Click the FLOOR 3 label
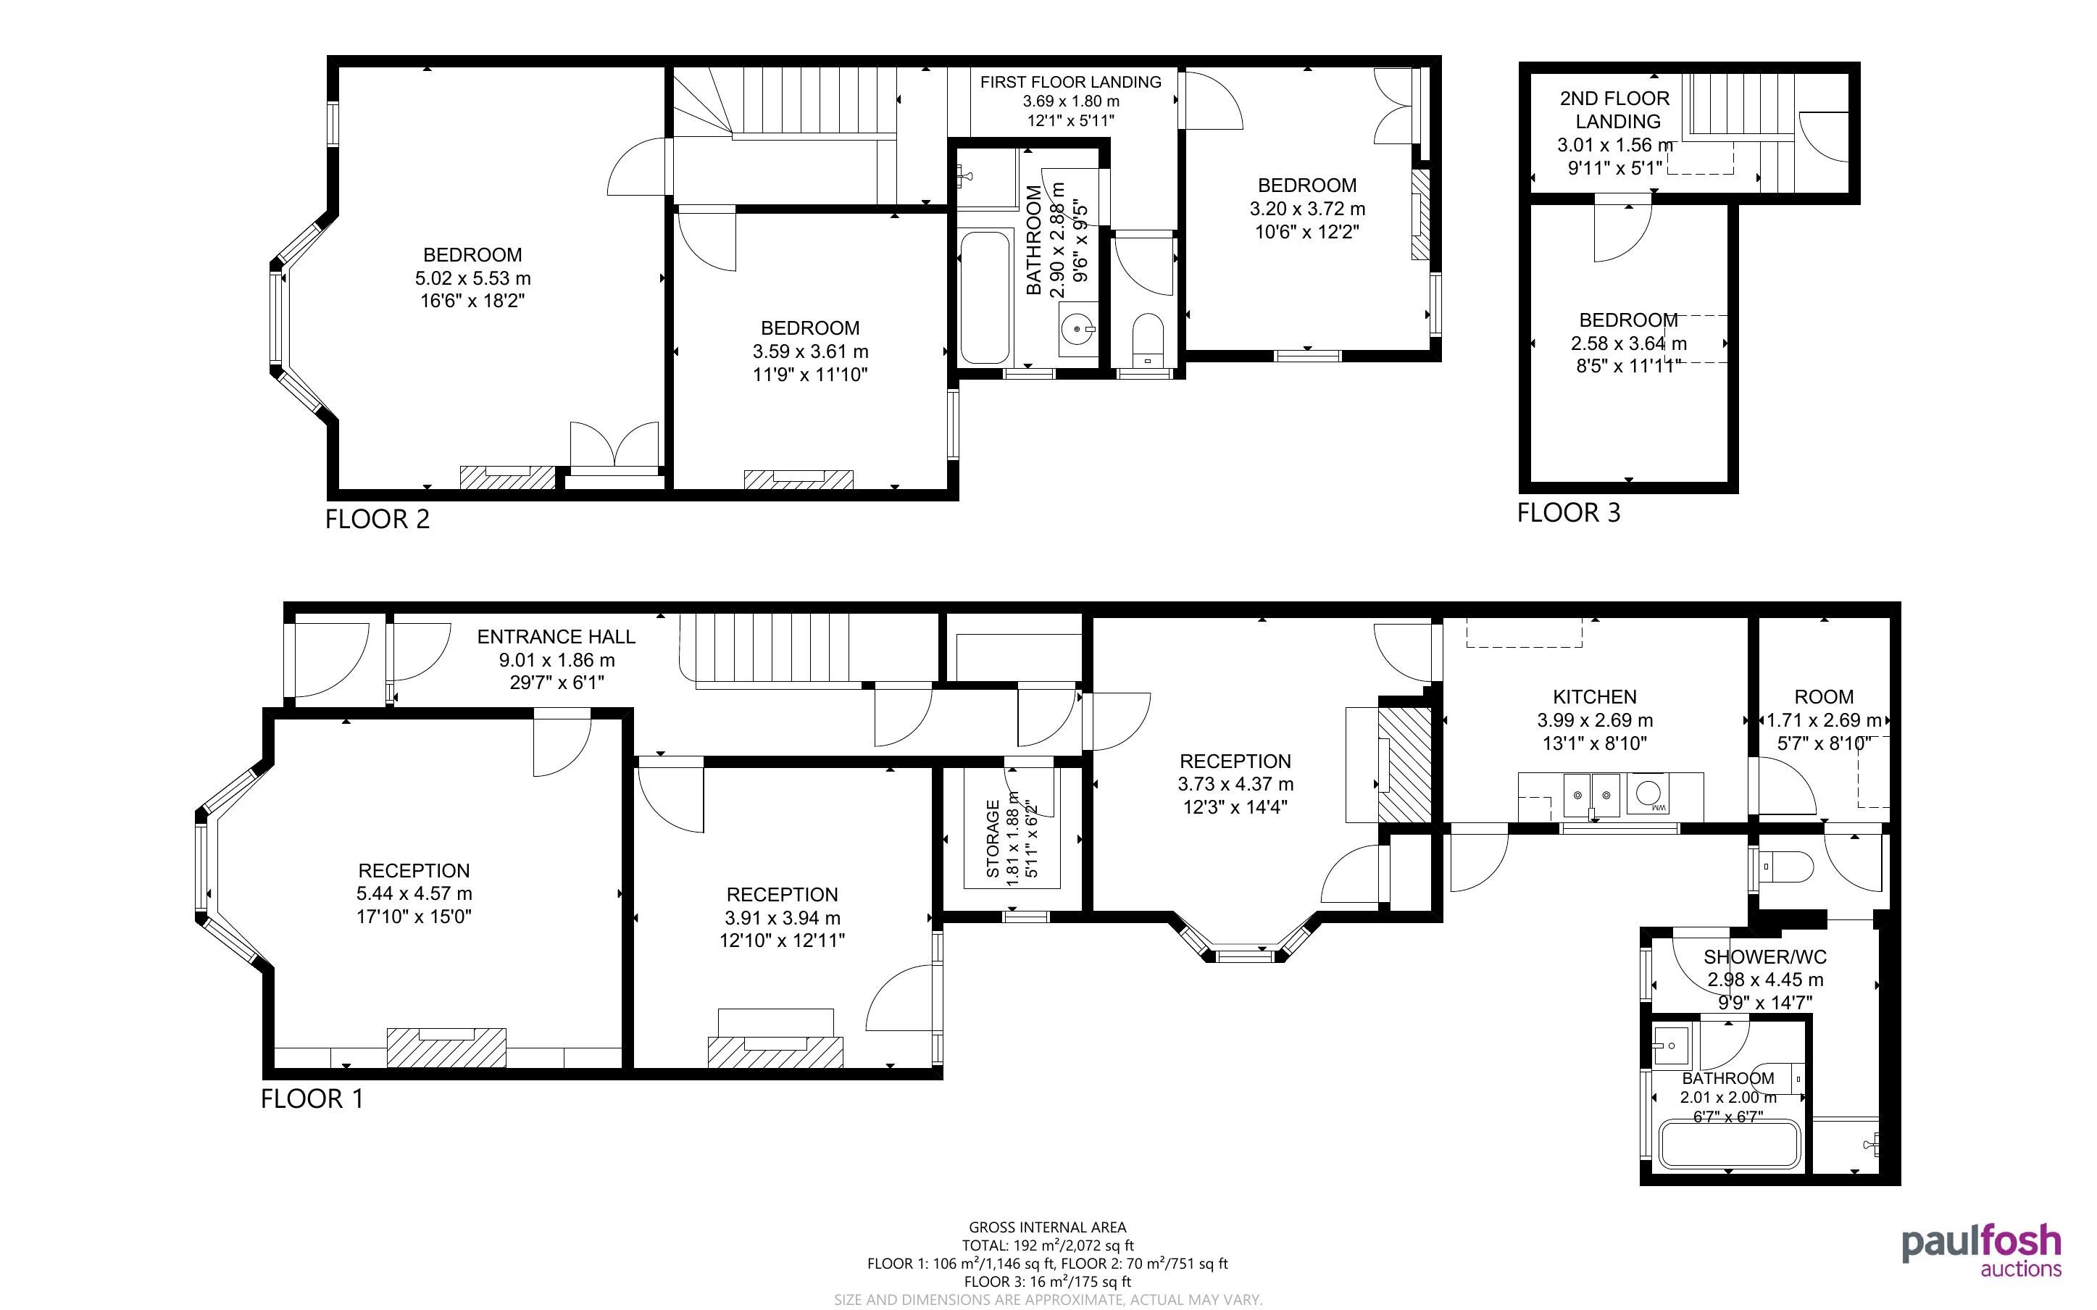click(1568, 513)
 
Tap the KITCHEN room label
click(1595, 696)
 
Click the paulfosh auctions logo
click(1981, 1250)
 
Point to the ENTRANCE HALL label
click(556, 637)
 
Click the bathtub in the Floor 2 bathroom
click(985, 297)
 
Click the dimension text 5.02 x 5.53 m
click(473, 279)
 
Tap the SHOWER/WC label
click(1765, 957)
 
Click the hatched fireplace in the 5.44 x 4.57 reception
click(446, 1048)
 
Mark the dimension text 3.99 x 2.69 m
click(1595, 720)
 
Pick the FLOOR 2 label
click(378, 520)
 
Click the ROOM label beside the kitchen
click(1824, 696)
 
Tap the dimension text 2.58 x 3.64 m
click(1628, 344)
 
